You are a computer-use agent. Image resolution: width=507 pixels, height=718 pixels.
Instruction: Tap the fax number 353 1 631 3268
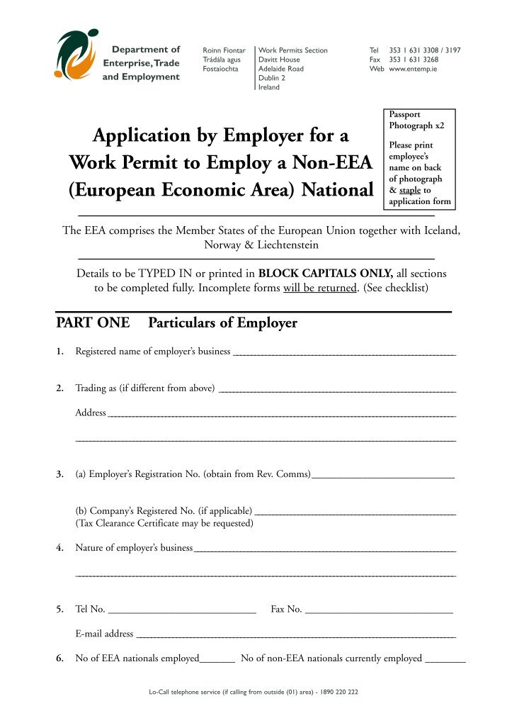click(x=414, y=60)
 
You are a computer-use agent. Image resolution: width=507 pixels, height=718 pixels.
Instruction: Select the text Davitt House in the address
click(x=279, y=60)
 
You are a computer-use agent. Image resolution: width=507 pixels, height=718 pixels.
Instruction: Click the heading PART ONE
click(x=93, y=323)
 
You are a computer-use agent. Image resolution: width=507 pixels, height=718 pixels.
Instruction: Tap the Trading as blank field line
click(x=338, y=390)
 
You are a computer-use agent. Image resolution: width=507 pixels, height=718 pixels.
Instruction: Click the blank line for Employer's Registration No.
click(x=382, y=476)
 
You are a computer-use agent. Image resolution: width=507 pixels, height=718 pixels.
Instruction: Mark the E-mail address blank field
click(x=296, y=636)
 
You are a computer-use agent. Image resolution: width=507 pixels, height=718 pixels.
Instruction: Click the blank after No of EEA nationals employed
click(x=217, y=661)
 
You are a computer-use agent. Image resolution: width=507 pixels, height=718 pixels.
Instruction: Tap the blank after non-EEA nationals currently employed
click(x=445, y=661)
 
